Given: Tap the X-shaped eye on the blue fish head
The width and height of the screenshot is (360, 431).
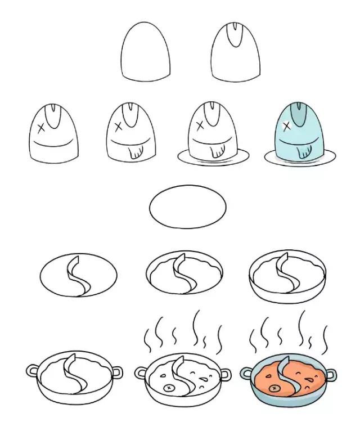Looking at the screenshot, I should [x=285, y=125].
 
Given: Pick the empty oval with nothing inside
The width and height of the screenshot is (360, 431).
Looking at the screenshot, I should [x=187, y=206].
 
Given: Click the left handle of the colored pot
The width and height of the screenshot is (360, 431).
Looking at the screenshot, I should [x=246, y=372].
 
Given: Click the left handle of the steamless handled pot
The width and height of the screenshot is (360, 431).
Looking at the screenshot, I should [x=32, y=371].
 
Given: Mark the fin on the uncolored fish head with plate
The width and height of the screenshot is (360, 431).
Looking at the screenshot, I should [x=216, y=151].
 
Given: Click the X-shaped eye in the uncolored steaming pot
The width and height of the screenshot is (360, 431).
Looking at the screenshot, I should [x=167, y=387].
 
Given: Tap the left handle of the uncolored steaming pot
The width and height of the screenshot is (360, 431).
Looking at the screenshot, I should [x=140, y=372].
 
